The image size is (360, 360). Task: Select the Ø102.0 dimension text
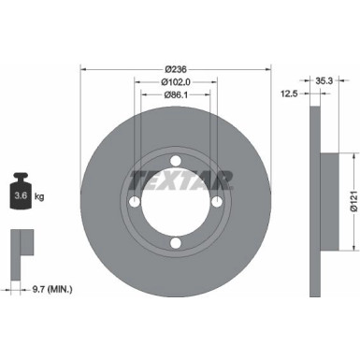click(176, 81)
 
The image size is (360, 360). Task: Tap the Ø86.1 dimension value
click(176, 94)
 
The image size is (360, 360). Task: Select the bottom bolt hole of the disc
click(176, 245)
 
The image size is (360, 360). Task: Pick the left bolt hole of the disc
click(134, 203)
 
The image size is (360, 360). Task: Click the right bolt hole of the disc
click(218, 203)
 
